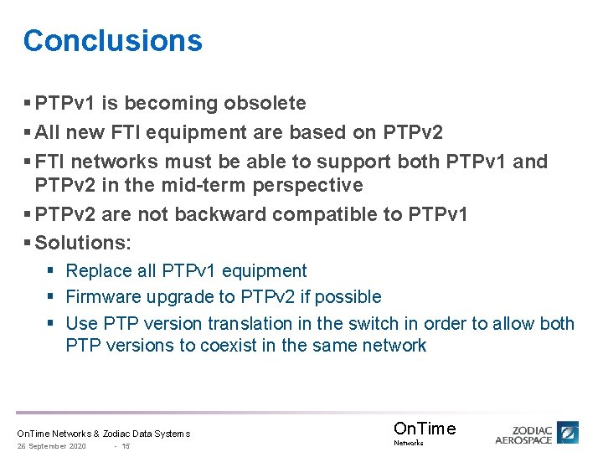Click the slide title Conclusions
113,40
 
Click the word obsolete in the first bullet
264,103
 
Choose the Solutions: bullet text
83,243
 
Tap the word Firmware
103,296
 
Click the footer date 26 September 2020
52,446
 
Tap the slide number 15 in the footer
125,446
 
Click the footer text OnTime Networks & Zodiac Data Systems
104,434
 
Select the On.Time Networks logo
424,432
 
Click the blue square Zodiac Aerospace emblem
569,433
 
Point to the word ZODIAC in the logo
532,428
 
